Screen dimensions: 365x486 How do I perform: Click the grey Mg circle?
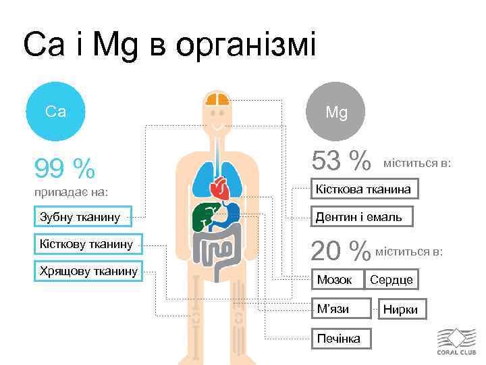[x=336, y=112]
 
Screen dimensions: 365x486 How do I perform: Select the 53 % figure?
[x=341, y=162]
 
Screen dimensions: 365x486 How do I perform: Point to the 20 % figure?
[x=341, y=251]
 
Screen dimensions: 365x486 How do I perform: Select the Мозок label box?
[x=335, y=280]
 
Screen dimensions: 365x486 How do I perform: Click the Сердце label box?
[x=391, y=280]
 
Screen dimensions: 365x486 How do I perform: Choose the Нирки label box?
[x=401, y=310]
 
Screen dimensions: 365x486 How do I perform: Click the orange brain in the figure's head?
[x=217, y=101]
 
